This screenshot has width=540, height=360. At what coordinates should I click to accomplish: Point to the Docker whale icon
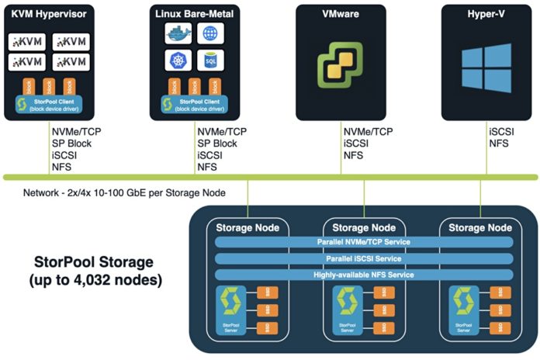(177, 33)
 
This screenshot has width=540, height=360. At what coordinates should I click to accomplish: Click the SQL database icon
(209, 60)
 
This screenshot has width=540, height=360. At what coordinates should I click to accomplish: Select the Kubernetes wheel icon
(177, 60)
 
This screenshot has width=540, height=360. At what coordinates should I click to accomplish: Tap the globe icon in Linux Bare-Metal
(209, 33)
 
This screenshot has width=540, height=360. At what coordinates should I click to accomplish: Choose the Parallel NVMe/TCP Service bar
(364, 242)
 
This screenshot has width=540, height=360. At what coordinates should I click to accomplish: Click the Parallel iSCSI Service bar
(364, 258)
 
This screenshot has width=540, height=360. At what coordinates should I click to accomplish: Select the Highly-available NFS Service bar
(364, 275)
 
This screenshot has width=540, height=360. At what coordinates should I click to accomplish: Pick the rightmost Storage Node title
(479, 227)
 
